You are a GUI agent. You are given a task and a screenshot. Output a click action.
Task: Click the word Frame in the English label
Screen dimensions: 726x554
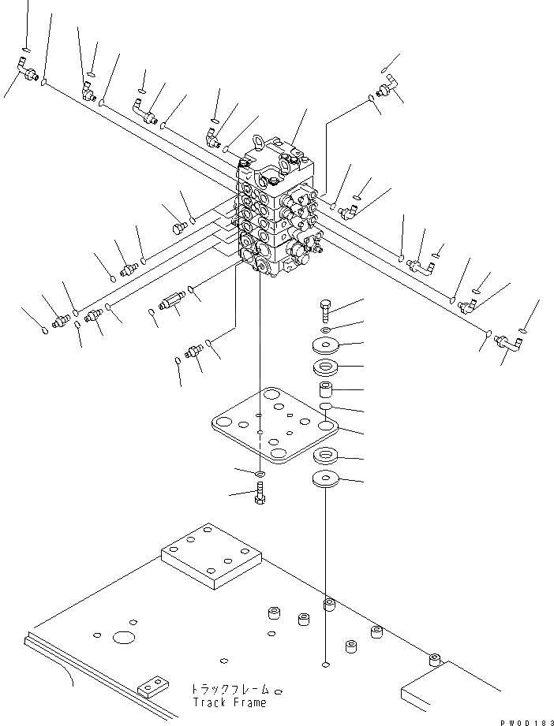pos(249,702)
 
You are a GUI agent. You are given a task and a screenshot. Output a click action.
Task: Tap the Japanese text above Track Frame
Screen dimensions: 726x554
pos(227,688)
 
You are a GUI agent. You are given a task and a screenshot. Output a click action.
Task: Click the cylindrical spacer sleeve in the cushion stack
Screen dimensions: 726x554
pos(327,389)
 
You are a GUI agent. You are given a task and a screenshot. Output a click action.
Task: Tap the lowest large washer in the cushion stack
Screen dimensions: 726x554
pos(326,478)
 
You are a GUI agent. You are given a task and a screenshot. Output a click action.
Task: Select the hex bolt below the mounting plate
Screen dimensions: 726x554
pos(260,496)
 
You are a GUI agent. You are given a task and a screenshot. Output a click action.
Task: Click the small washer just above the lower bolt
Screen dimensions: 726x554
pos(260,473)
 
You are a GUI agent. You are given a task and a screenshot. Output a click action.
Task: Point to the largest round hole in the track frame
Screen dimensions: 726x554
pos(125,636)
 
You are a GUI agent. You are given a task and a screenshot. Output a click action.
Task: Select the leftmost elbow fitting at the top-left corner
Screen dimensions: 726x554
pos(27,74)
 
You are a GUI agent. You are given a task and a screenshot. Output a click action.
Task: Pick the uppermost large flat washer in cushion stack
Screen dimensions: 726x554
pos(327,344)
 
